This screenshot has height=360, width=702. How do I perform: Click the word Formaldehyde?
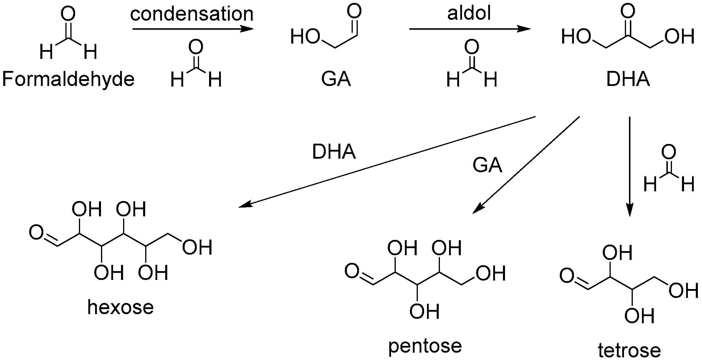[68, 79]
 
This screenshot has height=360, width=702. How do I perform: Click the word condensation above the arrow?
[192, 14]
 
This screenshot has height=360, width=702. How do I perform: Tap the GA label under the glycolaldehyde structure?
[336, 79]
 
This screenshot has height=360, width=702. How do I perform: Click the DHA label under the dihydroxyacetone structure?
[628, 79]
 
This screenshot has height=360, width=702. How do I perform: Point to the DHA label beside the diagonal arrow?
[334, 152]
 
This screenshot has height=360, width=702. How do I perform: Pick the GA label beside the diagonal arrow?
[487, 165]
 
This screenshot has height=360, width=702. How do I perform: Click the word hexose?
[120, 307]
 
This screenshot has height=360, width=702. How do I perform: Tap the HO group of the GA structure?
[305, 37]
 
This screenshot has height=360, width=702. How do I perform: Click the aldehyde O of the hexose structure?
[36, 233]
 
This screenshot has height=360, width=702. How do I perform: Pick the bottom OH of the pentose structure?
[424, 312]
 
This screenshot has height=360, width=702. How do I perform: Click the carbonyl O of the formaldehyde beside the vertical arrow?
[668, 152]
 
